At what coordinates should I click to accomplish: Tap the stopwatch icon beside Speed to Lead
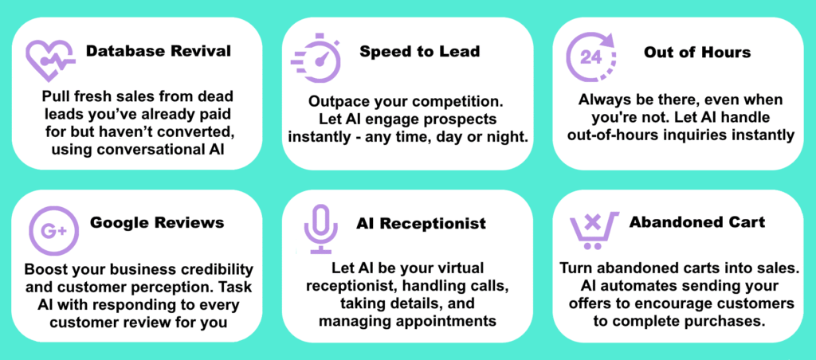(316, 58)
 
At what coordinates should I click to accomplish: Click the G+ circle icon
(53, 230)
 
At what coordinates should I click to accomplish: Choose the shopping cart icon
(593, 229)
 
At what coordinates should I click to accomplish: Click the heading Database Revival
(159, 51)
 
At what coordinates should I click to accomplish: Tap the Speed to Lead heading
(419, 51)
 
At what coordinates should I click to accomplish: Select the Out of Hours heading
(697, 52)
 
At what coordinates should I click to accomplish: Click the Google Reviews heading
(157, 223)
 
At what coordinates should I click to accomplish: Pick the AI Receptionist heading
(421, 224)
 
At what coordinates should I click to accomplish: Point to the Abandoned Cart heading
(697, 222)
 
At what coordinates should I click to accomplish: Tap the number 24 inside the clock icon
(590, 58)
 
